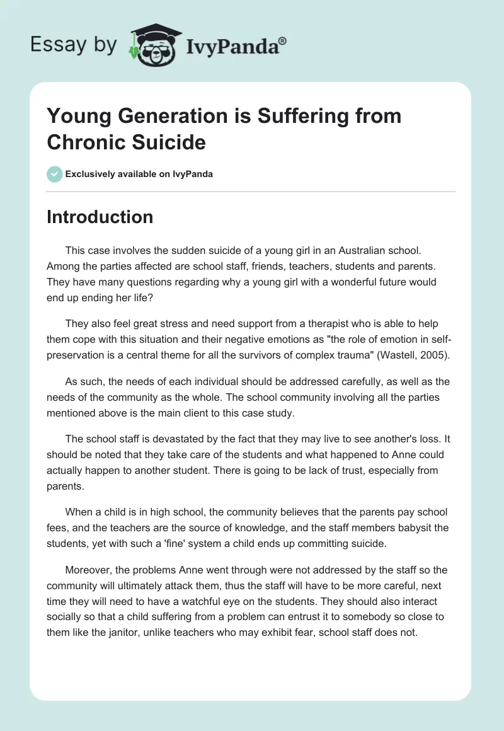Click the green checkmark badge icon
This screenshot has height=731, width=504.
click(x=54, y=174)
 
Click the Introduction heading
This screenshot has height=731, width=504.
click(x=100, y=217)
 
